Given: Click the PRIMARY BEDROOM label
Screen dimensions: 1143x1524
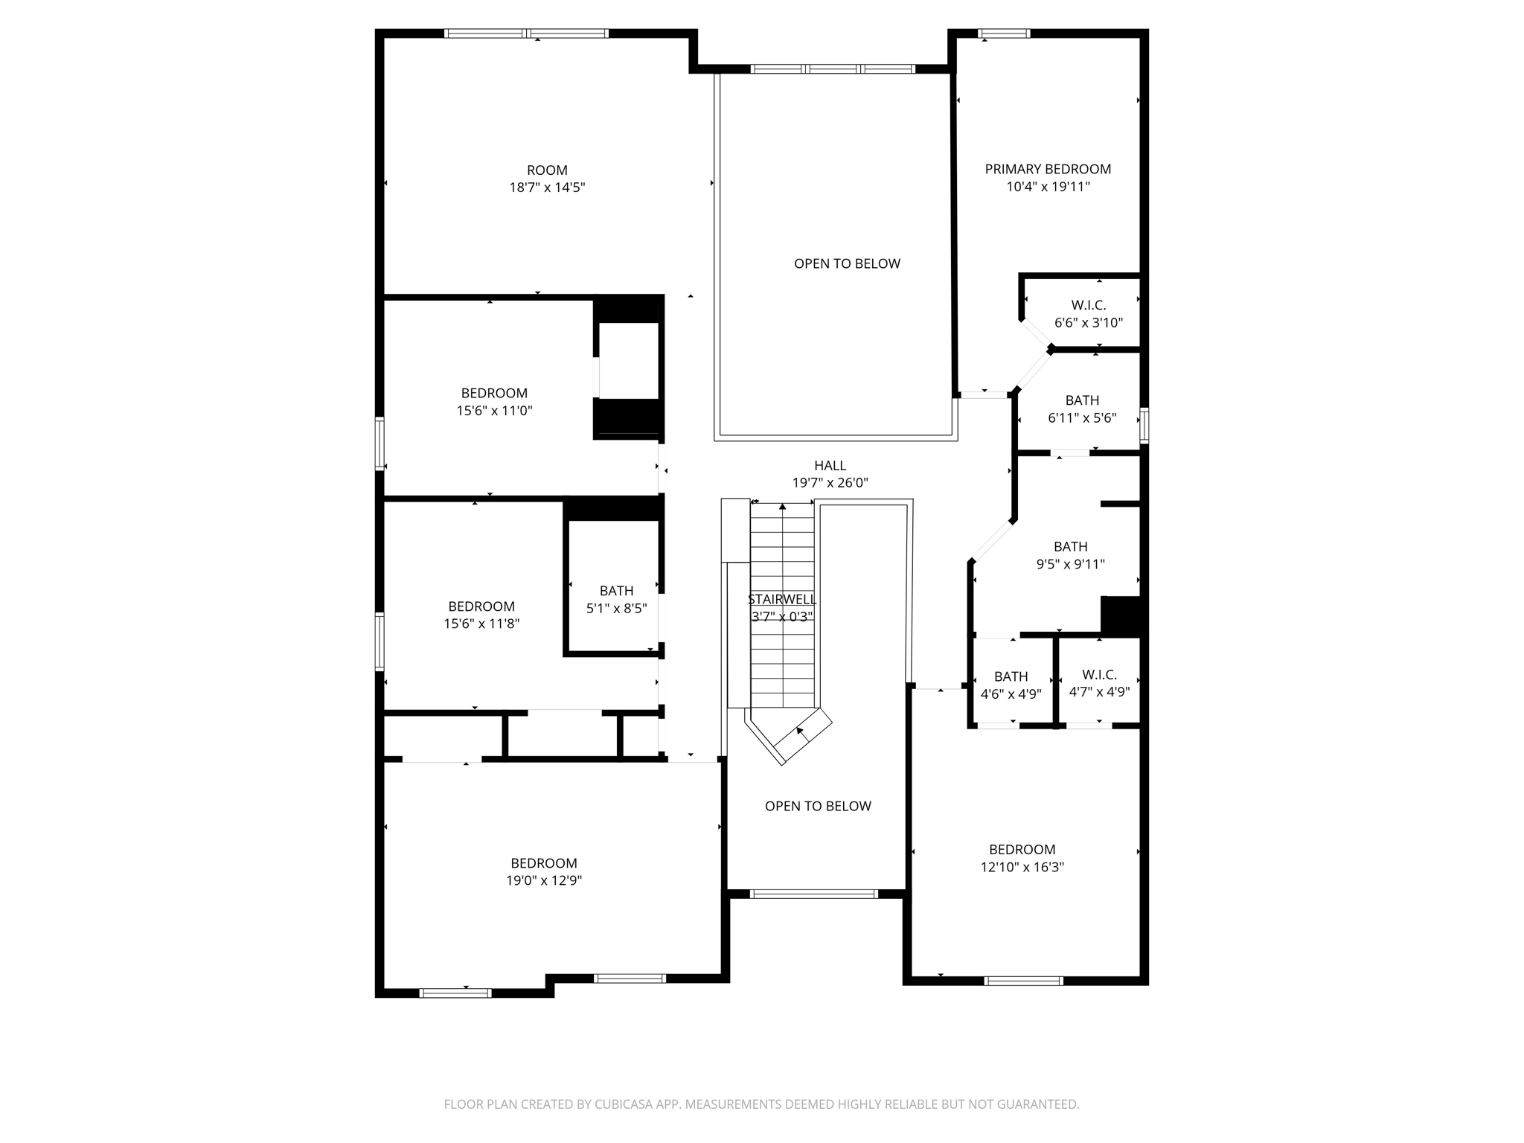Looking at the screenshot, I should pos(1048,169).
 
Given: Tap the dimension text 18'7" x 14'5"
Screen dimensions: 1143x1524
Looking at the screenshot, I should pos(547,188).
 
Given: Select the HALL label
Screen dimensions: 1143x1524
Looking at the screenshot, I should pos(830,465).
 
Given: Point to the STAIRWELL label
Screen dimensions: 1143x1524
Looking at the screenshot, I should pos(782,599).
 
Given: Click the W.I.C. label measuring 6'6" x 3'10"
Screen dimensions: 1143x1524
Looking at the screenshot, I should pos(1088,305).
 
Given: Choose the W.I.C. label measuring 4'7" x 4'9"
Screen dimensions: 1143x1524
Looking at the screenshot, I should pos(1099,674).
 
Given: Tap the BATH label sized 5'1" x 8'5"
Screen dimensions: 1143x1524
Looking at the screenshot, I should pos(616,590).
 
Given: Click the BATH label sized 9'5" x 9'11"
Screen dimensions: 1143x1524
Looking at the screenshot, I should pos(1070,546).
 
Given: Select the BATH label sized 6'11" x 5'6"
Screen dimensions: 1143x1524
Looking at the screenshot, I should pos(1082,400).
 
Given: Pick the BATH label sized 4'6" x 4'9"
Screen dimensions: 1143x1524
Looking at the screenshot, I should pos(1011,676).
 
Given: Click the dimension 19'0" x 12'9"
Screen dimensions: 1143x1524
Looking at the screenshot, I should pos(543,880).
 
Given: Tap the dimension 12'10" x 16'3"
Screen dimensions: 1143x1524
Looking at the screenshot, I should pos(1022,867).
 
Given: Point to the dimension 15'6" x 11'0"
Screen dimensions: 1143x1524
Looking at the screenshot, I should pos(494,410).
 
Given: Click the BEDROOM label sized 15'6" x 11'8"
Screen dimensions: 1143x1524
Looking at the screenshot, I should pos(481,606).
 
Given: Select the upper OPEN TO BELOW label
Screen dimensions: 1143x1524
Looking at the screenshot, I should pos(847,263).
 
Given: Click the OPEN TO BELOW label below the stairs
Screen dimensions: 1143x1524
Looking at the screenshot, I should pos(818,806).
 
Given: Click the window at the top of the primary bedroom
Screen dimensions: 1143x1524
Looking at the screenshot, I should pos(1003,33).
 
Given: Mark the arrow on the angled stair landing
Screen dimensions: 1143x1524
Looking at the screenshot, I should pos(801,732).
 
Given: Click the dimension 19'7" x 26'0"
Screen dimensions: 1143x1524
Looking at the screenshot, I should pos(830,483).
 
